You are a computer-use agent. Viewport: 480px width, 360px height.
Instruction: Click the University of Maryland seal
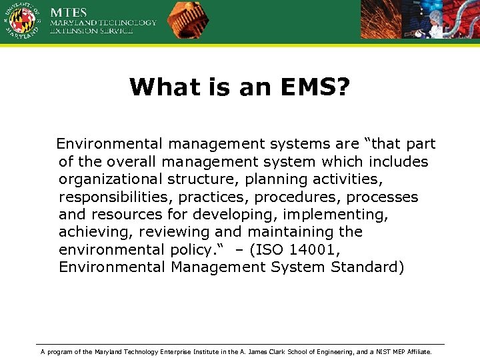(22, 21)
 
